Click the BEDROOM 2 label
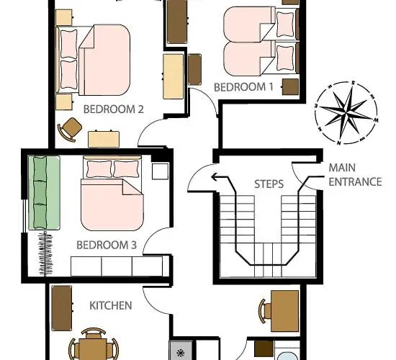click(x=114, y=110)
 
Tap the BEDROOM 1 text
click(x=244, y=87)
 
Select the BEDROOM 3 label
click(x=107, y=246)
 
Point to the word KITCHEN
click(x=110, y=305)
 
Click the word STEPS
click(x=269, y=184)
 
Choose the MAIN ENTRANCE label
click(x=354, y=175)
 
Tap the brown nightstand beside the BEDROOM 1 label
click(x=290, y=86)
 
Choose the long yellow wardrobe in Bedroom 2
click(x=173, y=76)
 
